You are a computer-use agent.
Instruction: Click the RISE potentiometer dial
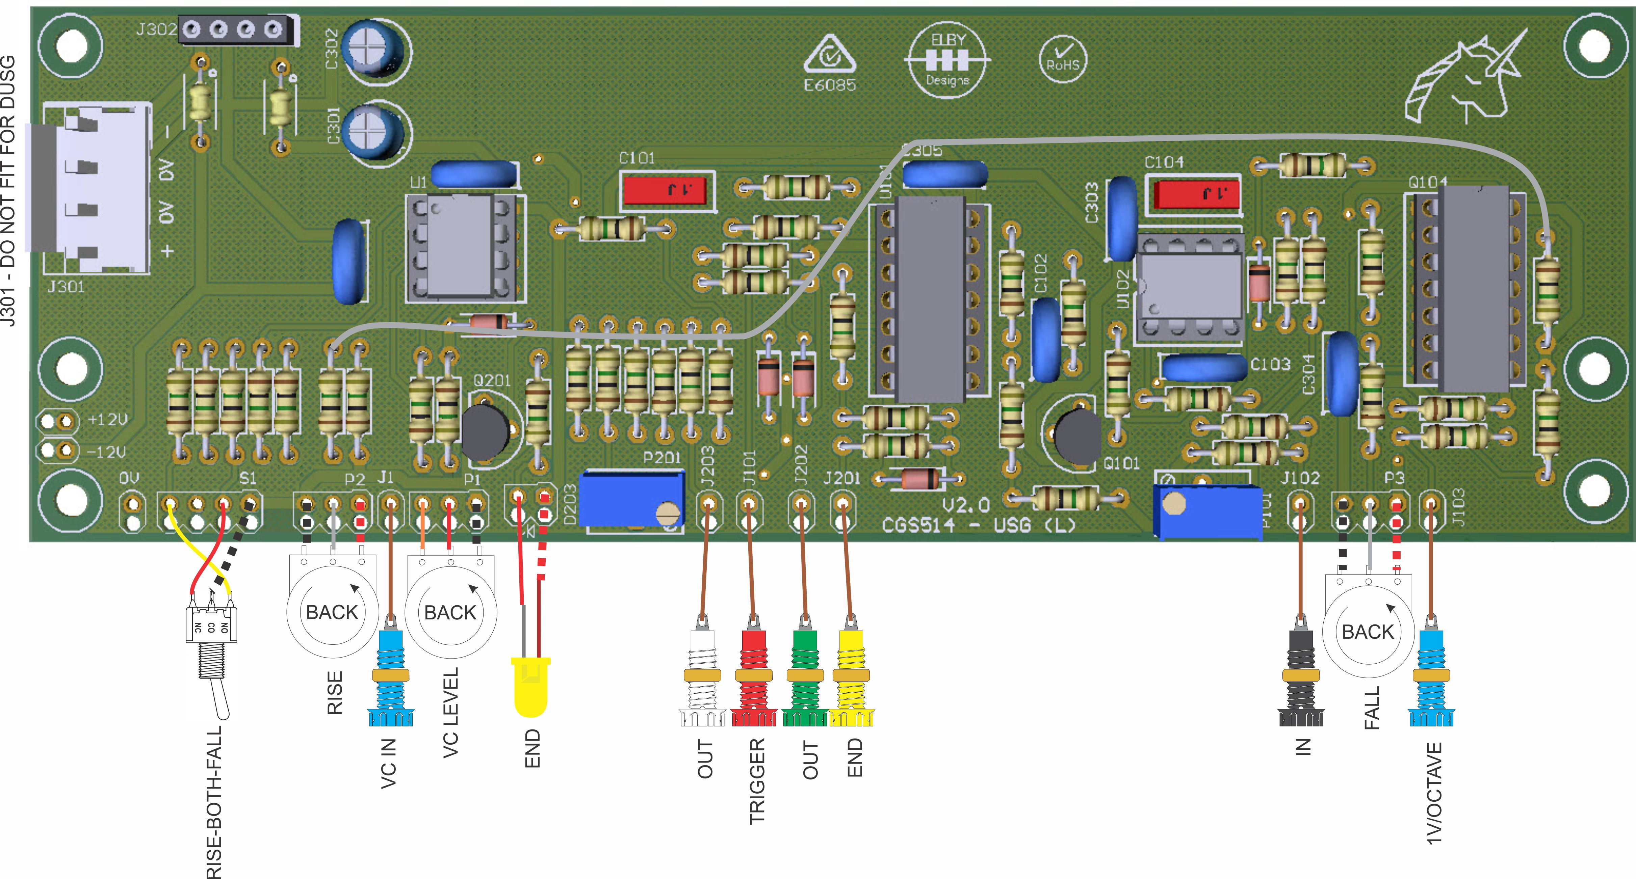(332, 611)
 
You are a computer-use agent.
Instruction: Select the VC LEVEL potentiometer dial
(450, 611)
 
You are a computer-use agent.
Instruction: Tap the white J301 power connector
(95, 187)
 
